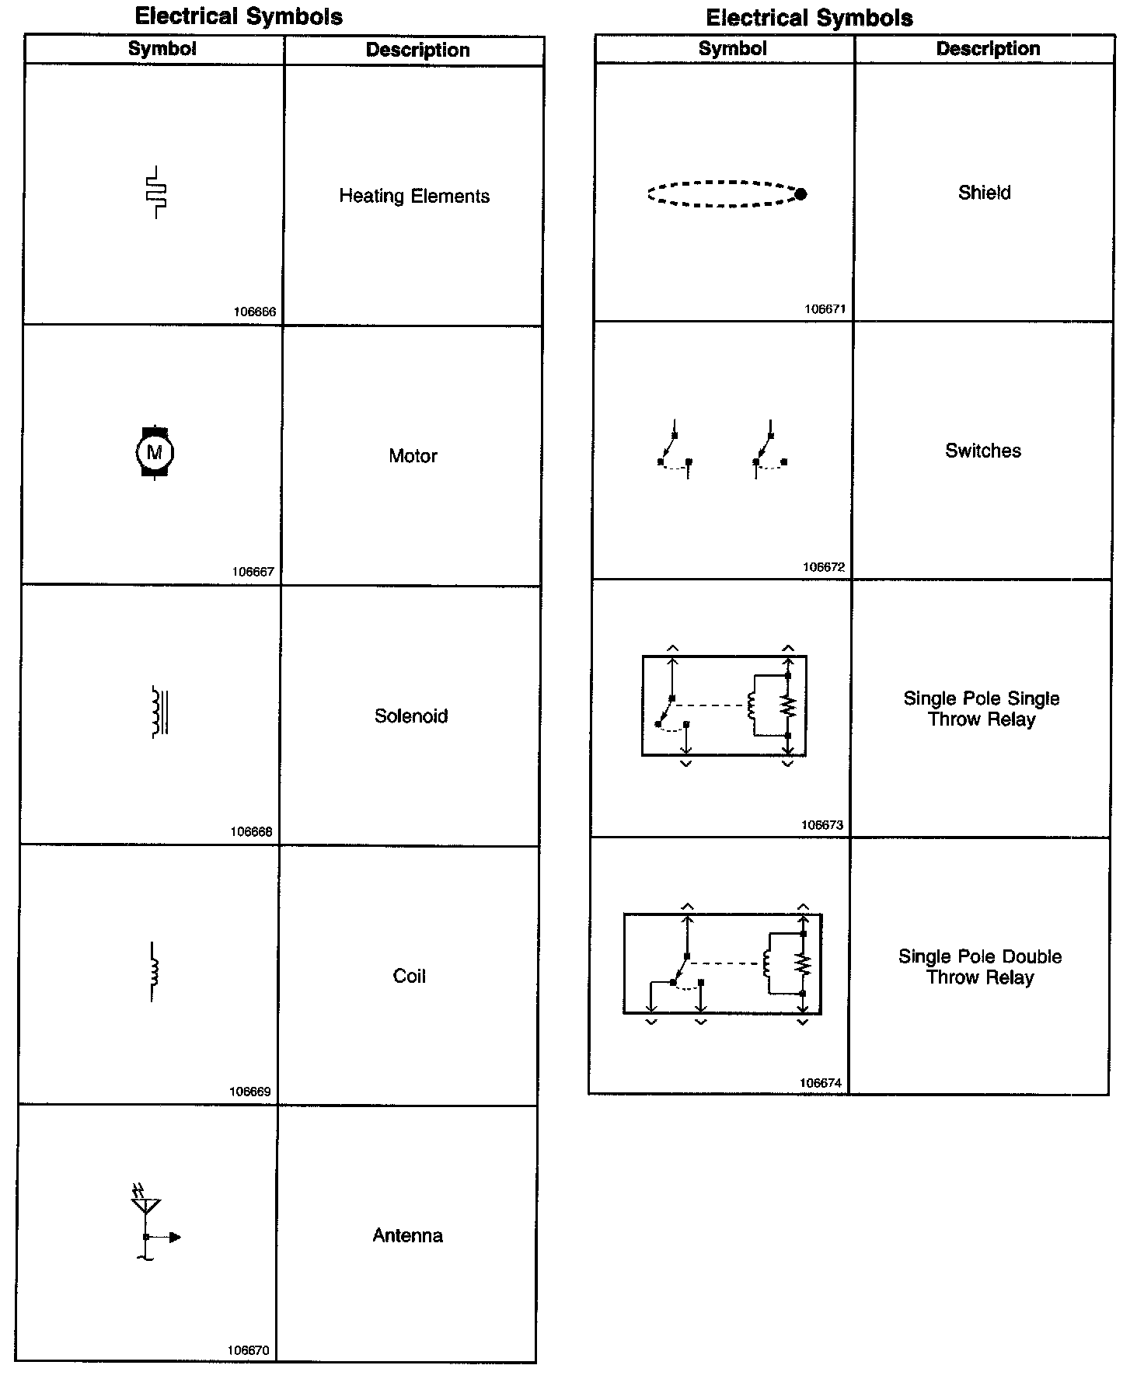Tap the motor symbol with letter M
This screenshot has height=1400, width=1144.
coord(155,452)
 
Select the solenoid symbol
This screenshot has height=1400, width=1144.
coord(160,711)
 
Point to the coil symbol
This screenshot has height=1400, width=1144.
coord(153,971)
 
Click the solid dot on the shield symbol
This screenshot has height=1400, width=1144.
coord(800,194)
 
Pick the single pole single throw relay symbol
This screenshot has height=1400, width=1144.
coord(724,705)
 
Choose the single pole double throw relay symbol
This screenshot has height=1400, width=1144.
coord(723,963)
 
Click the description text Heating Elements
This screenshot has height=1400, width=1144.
coord(414,196)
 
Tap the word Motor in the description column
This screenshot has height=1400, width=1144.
coord(413,456)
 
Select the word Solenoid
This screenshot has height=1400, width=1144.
coord(411,716)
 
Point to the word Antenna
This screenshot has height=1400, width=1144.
coord(407,1235)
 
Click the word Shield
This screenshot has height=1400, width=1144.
coord(984,193)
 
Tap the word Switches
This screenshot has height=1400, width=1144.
coord(983,451)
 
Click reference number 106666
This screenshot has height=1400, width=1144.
coord(255,312)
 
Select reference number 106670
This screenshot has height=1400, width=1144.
coord(249,1350)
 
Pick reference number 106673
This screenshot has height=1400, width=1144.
coord(822,825)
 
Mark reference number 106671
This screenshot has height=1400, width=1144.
coord(825,308)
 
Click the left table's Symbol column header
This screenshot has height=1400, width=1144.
coord(162,49)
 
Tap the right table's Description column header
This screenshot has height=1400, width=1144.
coord(988,49)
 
